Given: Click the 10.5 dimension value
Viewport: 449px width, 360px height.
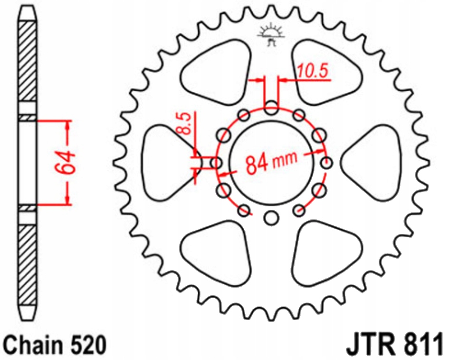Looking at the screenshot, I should pos(313,71).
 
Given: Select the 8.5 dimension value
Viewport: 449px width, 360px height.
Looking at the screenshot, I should pos(186,123).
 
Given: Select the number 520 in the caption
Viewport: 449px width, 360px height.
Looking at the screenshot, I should pos(86,344).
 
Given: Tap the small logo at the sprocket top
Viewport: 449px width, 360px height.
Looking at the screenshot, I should pos(271,35).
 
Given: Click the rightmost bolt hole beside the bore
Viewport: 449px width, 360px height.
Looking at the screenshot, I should pos(326,163).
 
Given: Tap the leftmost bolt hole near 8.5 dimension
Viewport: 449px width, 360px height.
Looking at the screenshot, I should pos(216,163).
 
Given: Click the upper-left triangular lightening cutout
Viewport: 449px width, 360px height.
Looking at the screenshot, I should pos(216,71).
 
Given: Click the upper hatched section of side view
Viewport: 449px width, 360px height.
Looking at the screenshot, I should pos(27,62).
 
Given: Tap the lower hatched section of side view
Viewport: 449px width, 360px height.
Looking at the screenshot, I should pos(27,266).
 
